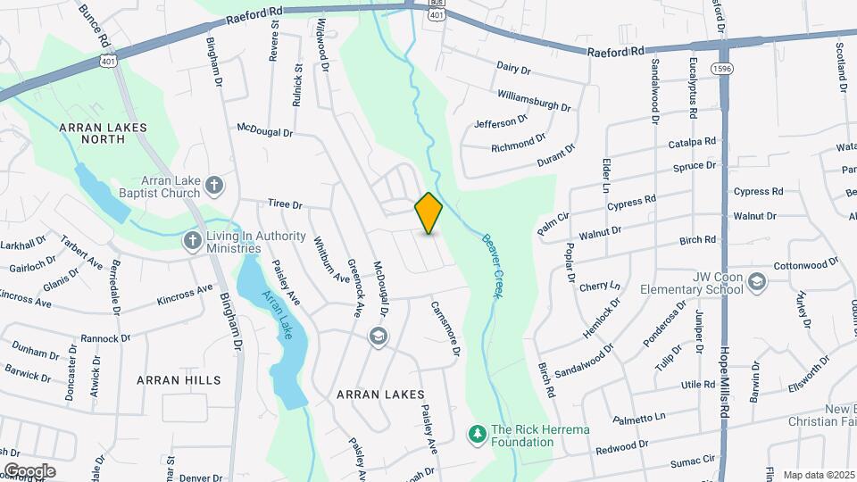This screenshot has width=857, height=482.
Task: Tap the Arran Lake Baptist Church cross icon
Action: (213, 186)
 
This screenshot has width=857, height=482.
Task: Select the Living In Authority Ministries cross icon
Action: (192, 241)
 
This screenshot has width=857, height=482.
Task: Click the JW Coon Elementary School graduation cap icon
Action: (757, 282)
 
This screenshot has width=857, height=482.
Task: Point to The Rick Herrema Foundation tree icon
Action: (478, 435)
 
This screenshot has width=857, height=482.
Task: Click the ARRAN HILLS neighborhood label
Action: (179, 380)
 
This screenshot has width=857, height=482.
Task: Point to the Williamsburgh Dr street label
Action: (534, 99)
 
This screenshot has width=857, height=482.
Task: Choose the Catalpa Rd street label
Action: (693, 143)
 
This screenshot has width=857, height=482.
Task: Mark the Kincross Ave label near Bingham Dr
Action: (185, 295)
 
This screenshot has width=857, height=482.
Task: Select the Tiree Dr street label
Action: (286, 204)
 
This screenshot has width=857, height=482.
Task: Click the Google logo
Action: (29, 470)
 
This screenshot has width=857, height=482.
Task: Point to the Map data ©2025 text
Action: (818, 475)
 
